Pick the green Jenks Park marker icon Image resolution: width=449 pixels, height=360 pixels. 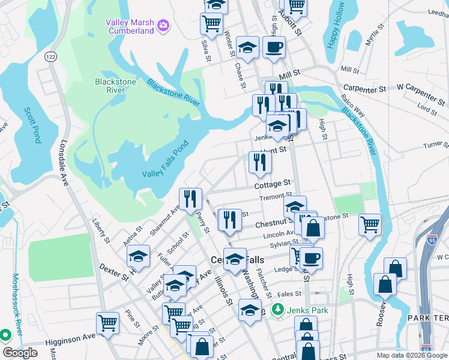click(277, 310)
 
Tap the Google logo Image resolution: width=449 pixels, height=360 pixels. click(20, 353)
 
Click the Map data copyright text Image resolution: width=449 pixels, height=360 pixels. click(411, 355)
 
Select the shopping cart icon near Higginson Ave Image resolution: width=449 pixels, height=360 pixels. click(107, 323)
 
